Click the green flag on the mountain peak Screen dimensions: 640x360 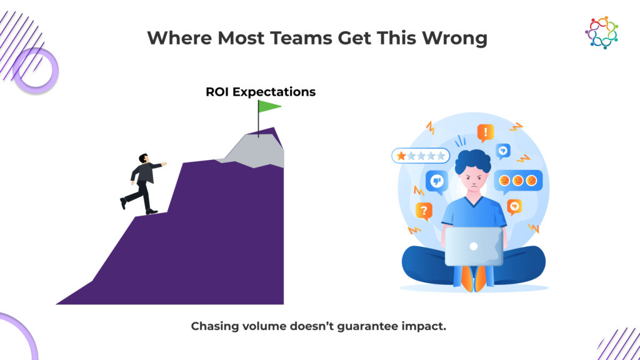pyautogui.click(x=269, y=106)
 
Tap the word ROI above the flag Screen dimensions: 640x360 pyautogui.click(x=217, y=92)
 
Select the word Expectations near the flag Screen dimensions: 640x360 pyautogui.click(x=274, y=92)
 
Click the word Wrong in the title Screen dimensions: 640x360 pyautogui.click(x=454, y=38)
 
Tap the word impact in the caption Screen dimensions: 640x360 pyautogui.click(x=423, y=327)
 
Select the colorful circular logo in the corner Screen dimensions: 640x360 pyautogui.click(x=601, y=32)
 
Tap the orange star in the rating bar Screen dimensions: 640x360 pyautogui.click(x=401, y=156)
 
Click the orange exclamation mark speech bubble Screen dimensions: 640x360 pyautogui.click(x=485, y=132)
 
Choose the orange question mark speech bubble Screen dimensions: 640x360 pyautogui.click(x=424, y=211)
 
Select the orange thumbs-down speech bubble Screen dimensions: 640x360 pyautogui.click(x=514, y=207)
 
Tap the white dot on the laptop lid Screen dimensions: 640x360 pyautogui.click(x=474, y=246)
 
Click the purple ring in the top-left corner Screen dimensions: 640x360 pyautogui.click(x=36, y=70)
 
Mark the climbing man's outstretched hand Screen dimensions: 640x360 pyautogui.click(x=164, y=164)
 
